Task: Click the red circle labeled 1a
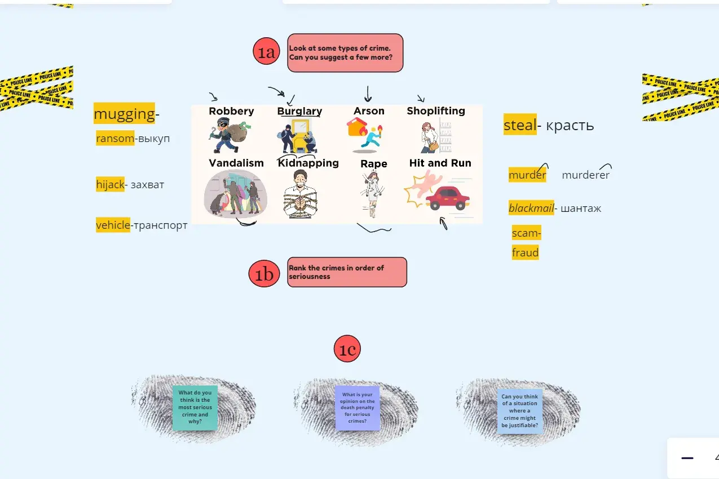(x=266, y=52)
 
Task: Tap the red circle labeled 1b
(x=264, y=274)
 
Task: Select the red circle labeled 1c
(x=347, y=349)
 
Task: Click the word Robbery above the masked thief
(x=231, y=111)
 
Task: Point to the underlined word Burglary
(x=299, y=111)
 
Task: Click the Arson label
(x=369, y=111)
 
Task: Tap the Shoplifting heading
(x=436, y=110)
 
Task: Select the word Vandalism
(x=236, y=163)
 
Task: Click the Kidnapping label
(x=308, y=163)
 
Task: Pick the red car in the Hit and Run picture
(x=448, y=198)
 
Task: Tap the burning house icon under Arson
(x=356, y=128)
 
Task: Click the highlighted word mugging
(x=124, y=114)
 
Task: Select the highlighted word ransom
(x=115, y=138)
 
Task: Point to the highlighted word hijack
(x=110, y=184)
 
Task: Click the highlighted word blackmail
(x=531, y=208)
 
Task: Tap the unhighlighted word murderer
(x=585, y=175)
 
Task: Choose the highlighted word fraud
(x=525, y=252)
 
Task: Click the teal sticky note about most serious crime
(x=195, y=407)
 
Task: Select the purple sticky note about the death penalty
(x=357, y=407)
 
